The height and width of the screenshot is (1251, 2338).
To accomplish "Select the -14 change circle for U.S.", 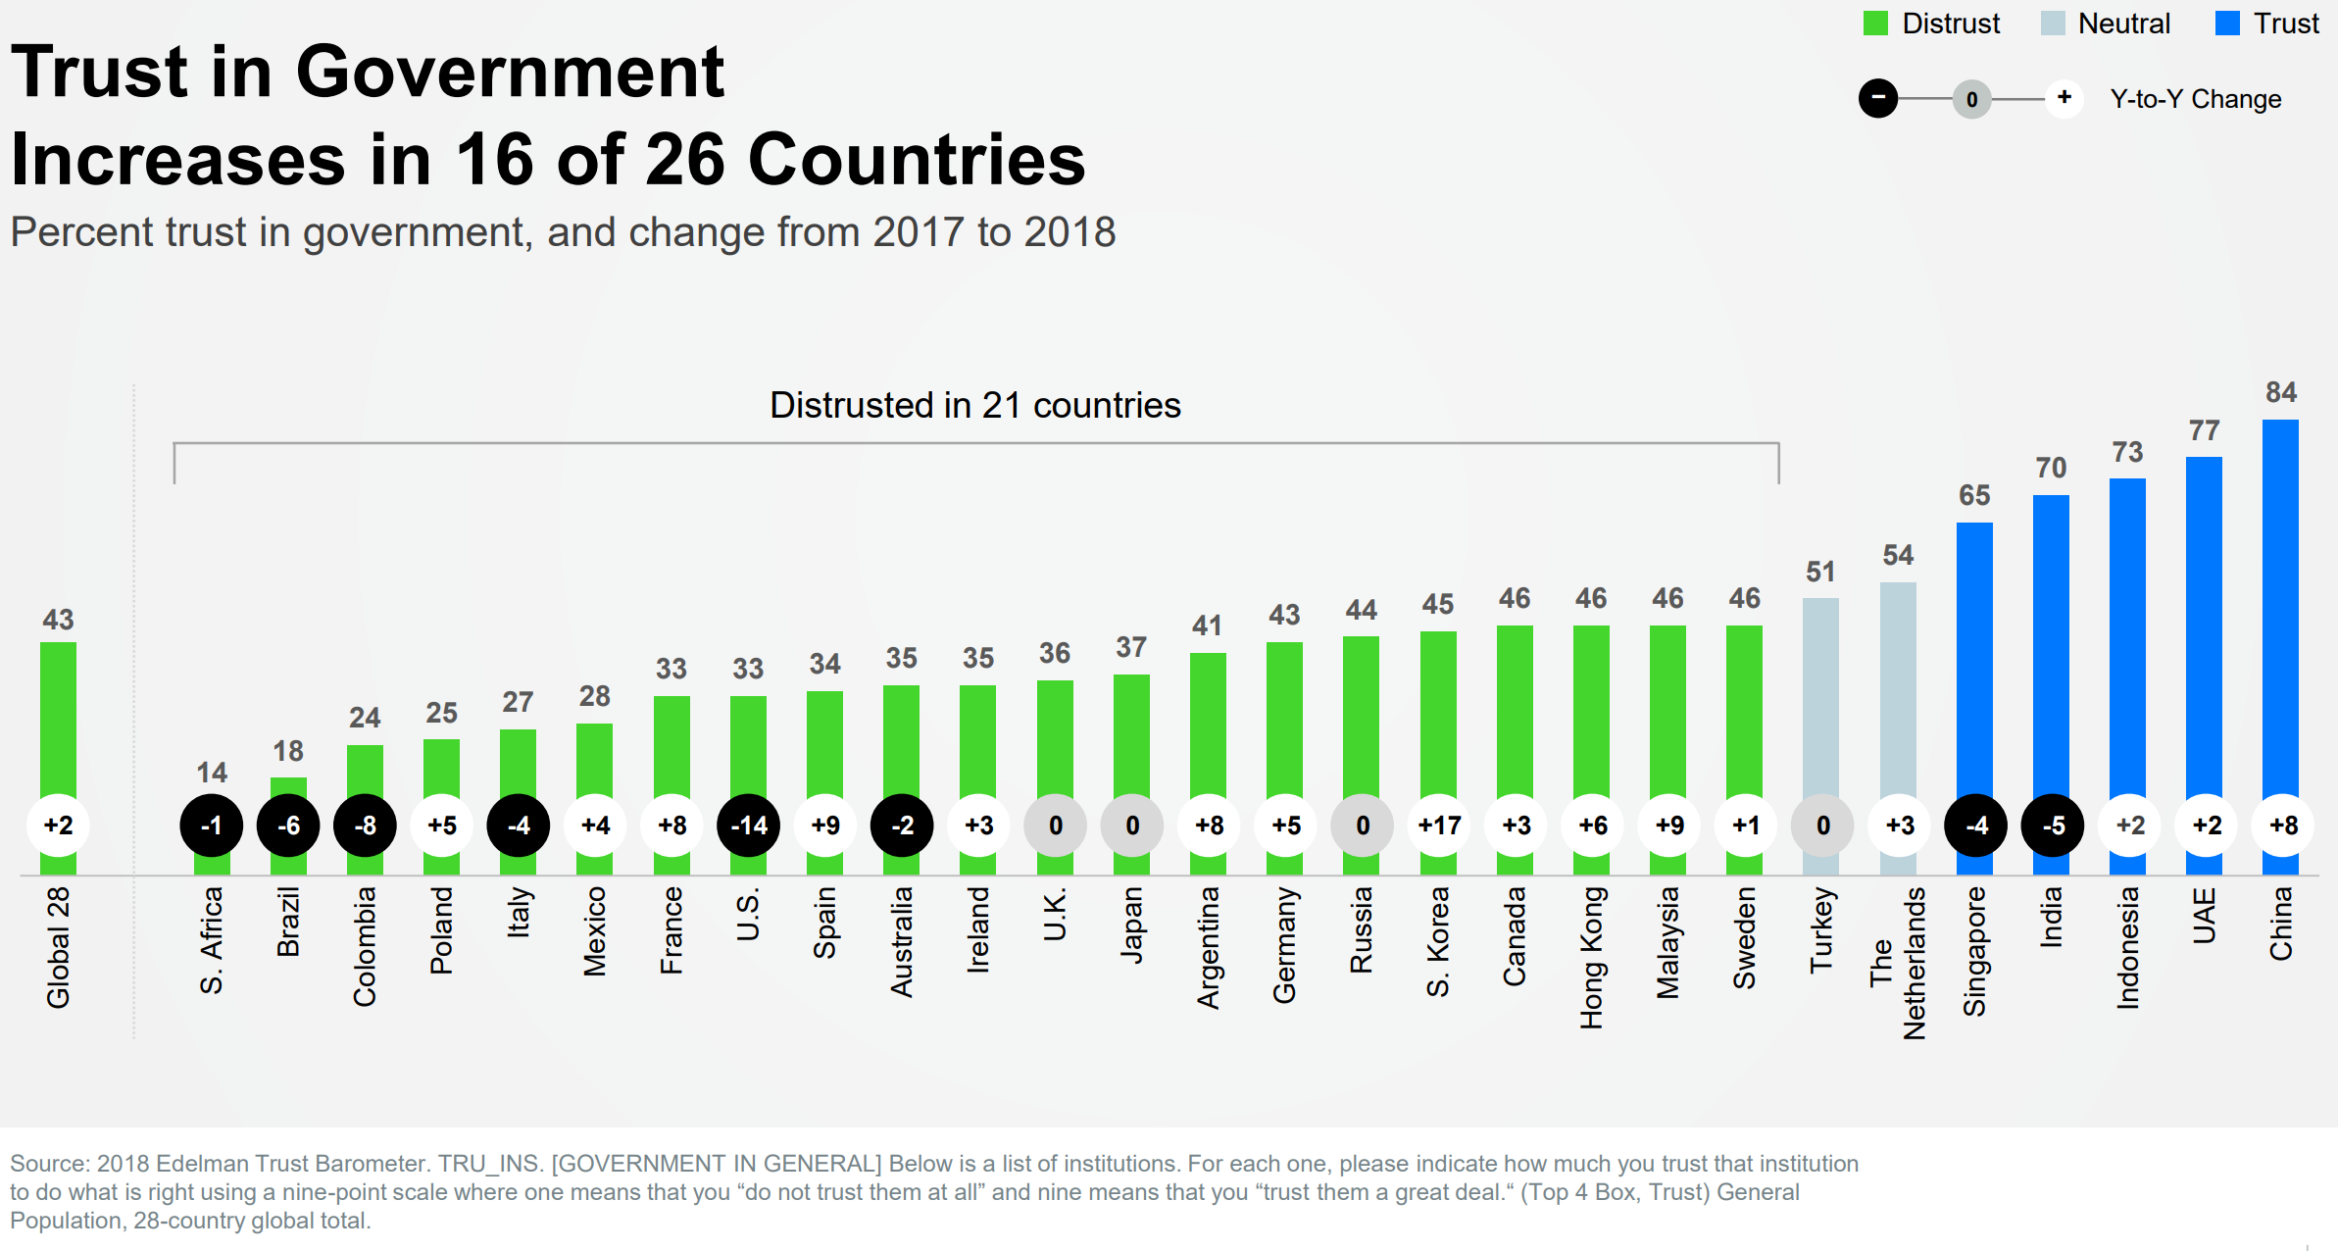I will point(749,826).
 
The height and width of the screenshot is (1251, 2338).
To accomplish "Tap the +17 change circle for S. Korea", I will point(1439,826).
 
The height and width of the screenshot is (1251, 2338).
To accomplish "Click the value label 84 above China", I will point(2281,392).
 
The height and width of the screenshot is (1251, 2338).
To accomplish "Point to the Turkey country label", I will point(1821,929).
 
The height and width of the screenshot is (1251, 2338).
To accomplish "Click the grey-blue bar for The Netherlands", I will point(1898,686).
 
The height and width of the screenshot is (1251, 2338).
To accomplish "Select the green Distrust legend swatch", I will point(1875,24).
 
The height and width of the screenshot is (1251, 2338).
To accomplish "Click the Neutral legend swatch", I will point(2052,24).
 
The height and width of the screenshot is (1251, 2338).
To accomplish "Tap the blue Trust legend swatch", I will point(2227,24).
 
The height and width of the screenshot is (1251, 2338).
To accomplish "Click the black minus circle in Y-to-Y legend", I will point(1878,98).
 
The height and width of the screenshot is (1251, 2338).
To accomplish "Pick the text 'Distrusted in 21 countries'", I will point(974,405).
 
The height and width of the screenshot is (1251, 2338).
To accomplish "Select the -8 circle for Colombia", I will point(365,826).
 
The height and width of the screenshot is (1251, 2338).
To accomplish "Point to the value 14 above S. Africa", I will point(212,773).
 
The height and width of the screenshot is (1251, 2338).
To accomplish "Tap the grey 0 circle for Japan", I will point(1132,826).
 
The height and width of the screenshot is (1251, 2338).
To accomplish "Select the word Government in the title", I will point(510,73).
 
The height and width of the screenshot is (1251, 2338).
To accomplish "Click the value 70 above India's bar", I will point(2051,468).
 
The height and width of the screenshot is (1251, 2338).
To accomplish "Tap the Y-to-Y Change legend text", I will point(2195,99).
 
